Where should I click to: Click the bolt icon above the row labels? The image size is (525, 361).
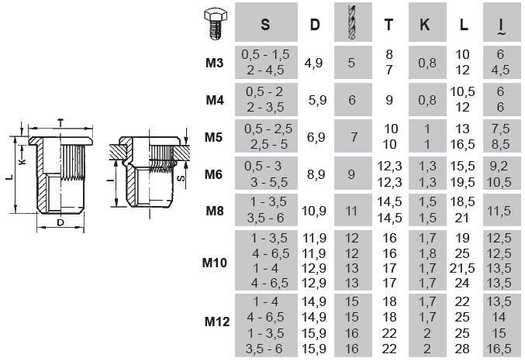tap(215, 23)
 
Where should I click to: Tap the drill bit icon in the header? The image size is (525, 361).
tap(352, 22)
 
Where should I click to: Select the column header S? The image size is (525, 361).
tap(265, 25)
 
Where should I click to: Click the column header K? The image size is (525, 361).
tap(424, 25)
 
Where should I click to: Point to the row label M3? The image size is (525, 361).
tap(214, 63)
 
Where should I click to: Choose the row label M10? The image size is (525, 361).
tap(215, 263)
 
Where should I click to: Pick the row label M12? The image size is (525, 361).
tap(217, 321)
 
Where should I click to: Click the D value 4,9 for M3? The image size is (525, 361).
tap(314, 63)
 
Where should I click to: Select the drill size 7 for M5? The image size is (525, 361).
tap(354, 137)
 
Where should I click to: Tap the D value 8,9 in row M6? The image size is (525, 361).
tap(316, 174)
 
